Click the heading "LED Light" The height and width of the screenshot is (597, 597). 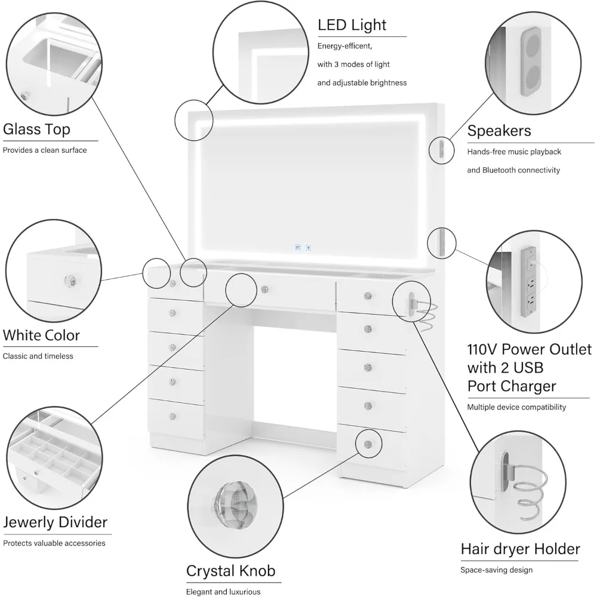(352, 25)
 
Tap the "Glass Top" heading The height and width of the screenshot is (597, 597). (36, 129)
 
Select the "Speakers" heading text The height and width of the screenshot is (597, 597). (499, 131)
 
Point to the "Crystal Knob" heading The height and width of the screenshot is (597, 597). (231, 571)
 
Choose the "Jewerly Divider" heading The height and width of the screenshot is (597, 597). (55, 522)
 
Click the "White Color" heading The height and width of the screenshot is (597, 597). (41, 335)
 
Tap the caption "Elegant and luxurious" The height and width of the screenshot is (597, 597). (223, 592)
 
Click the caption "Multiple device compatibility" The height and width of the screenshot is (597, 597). (516, 407)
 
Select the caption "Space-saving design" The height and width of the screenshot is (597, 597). (496, 570)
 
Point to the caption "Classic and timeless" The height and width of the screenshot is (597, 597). (38, 356)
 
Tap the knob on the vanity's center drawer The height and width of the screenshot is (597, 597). (264, 290)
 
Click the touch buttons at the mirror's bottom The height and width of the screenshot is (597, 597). (301, 245)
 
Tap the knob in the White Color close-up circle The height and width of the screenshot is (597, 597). (69, 281)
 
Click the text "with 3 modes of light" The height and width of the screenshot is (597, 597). (353, 64)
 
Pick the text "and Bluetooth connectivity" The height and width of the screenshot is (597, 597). (513, 170)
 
